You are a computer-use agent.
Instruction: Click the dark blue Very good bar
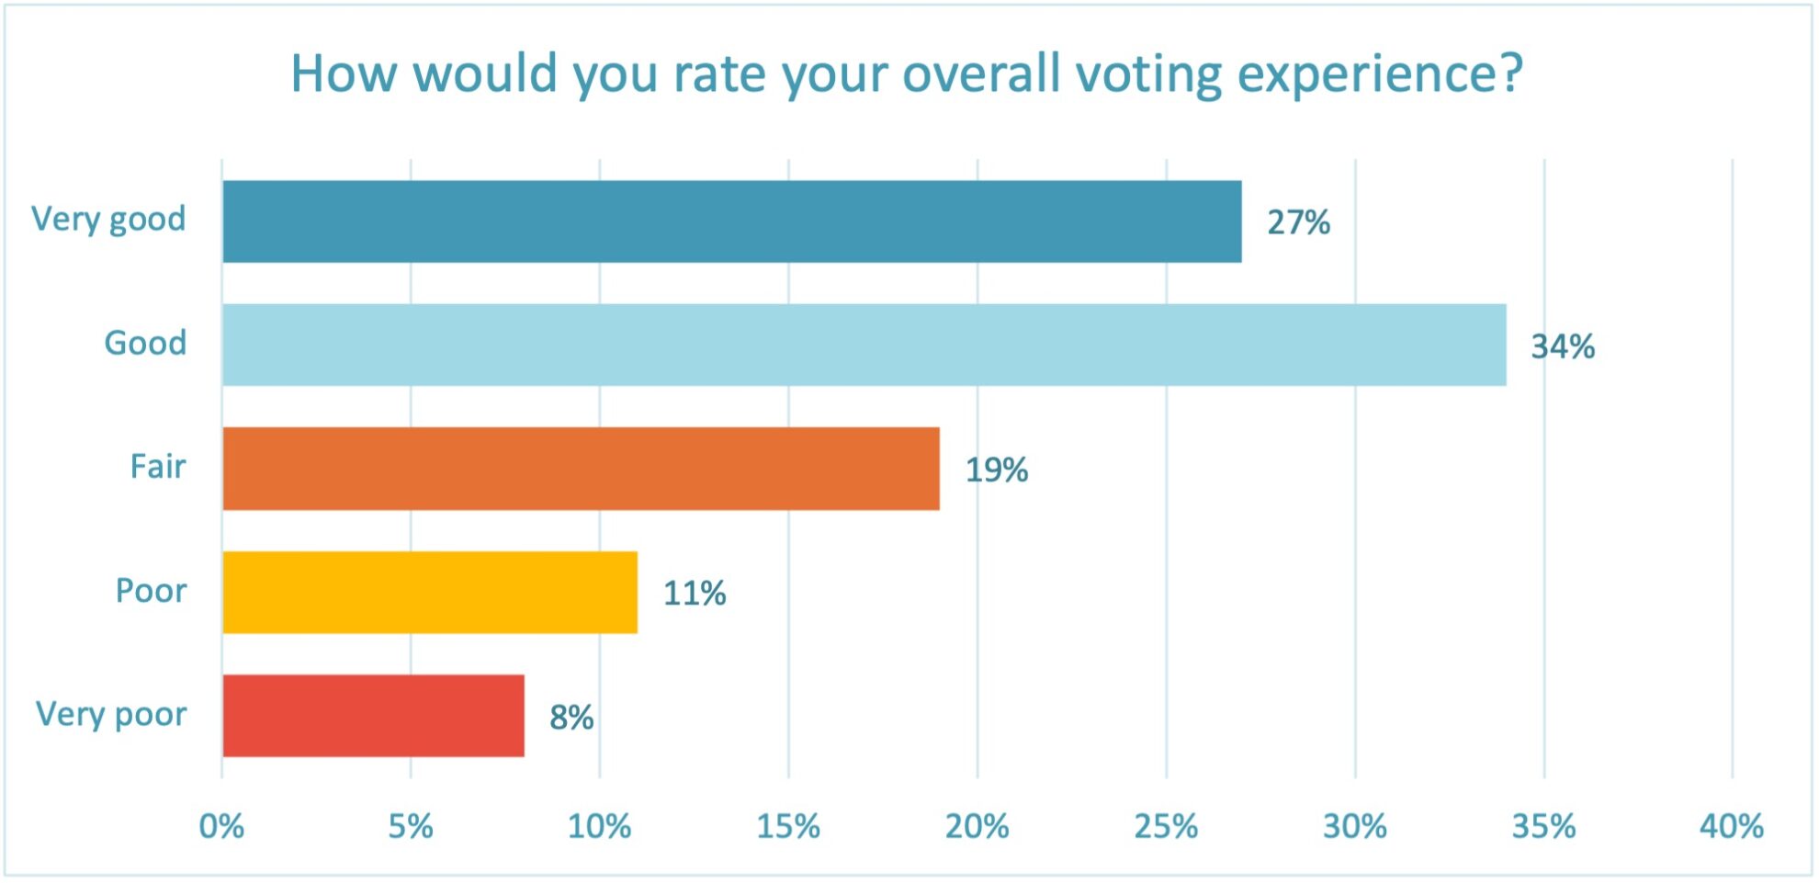(731, 221)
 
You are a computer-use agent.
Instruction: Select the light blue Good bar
(864, 345)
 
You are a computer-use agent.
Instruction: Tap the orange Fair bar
(581, 469)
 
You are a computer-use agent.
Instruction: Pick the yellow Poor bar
(430, 593)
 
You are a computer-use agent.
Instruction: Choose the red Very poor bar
(373, 716)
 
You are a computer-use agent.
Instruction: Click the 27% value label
(1298, 222)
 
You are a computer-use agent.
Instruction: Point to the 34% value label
(1562, 346)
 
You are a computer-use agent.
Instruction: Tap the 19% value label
(996, 470)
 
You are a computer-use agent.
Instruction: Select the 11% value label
(695, 594)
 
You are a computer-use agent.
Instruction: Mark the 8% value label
(571, 718)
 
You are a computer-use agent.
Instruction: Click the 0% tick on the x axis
(221, 827)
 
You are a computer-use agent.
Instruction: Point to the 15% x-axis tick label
(788, 827)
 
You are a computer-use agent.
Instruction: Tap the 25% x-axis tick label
(1166, 827)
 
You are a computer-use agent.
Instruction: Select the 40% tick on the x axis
(1732, 827)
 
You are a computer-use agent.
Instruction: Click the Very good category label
(108, 220)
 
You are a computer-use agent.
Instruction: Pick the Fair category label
(157, 467)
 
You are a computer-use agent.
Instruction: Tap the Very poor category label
(111, 715)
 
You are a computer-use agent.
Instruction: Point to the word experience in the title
(1380, 75)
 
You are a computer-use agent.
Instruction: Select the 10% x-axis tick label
(599, 827)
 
